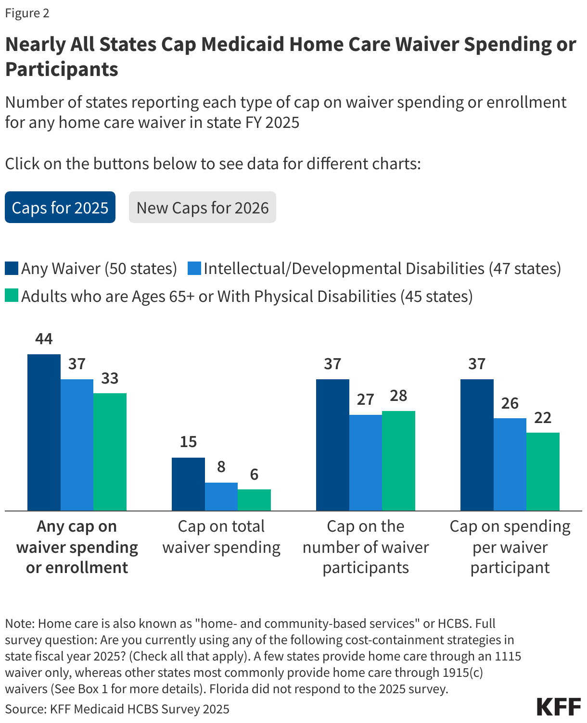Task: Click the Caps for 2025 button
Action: pos(60,207)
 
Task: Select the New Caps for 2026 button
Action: pos(202,207)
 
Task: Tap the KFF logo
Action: pos(559,707)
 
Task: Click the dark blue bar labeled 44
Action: pos(44,432)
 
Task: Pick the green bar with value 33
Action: pos(110,451)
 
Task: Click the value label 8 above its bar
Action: pos(221,466)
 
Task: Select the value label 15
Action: pos(188,441)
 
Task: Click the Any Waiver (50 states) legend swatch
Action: pos(12,268)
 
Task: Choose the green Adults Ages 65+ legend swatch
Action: pos(12,296)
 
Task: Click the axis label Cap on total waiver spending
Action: pos(221,536)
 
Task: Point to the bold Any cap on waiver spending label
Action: pos(77,547)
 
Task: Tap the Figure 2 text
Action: pos(27,13)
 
